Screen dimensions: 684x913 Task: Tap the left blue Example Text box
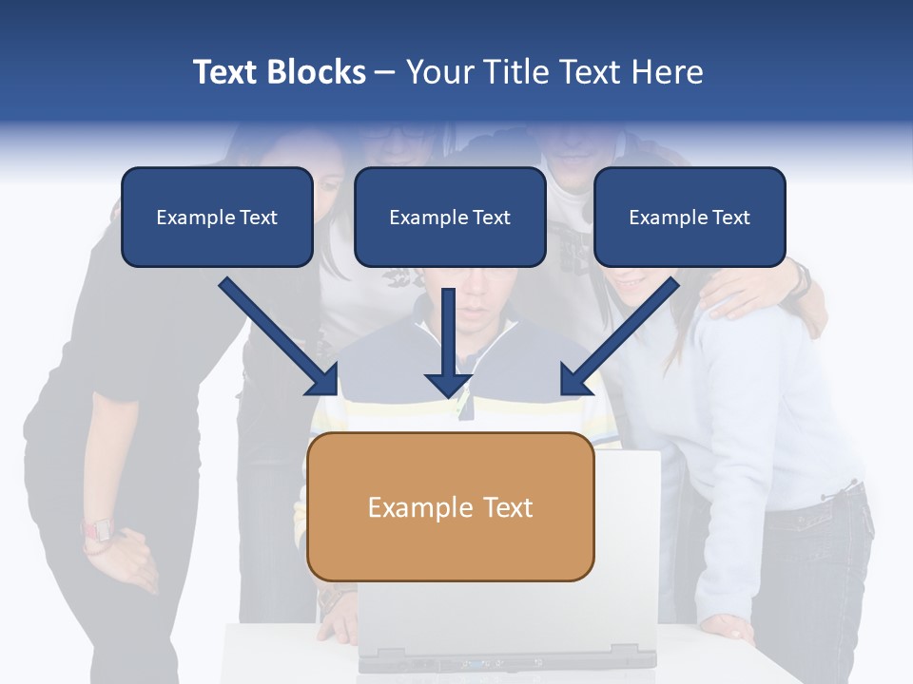[217, 218]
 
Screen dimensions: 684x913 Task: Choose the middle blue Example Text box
[450, 218]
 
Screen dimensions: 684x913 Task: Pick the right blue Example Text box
[690, 218]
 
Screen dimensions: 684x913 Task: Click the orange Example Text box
[450, 507]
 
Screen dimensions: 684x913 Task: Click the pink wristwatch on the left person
[97, 531]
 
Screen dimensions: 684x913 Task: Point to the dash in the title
[386, 72]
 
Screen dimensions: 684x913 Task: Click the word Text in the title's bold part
[227, 72]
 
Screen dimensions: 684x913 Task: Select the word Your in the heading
[438, 72]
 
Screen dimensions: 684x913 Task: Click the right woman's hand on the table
[728, 627]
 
